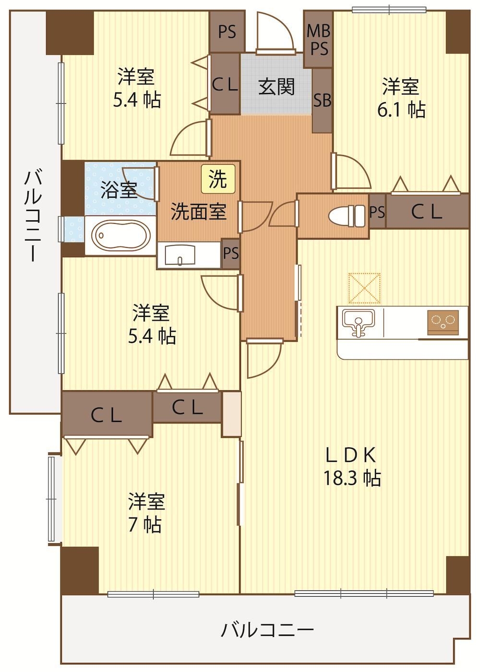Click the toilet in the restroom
(x=347, y=216)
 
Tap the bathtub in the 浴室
(x=120, y=235)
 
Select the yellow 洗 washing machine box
(x=218, y=179)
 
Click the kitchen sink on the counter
(x=359, y=323)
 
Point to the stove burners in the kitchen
(x=443, y=322)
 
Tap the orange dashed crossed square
(x=364, y=288)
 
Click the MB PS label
(x=318, y=39)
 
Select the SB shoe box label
(x=322, y=100)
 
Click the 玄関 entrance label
(x=276, y=86)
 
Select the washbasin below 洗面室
(x=180, y=255)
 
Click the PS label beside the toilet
(x=377, y=212)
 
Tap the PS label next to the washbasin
(x=231, y=253)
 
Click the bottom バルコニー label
(x=267, y=629)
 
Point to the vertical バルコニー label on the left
(x=33, y=216)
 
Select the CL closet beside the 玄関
(x=225, y=84)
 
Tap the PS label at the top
(x=227, y=32)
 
